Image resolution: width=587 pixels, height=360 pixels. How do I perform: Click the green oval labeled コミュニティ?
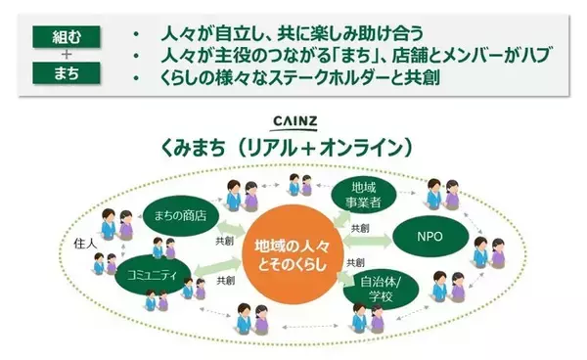[158, 277]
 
